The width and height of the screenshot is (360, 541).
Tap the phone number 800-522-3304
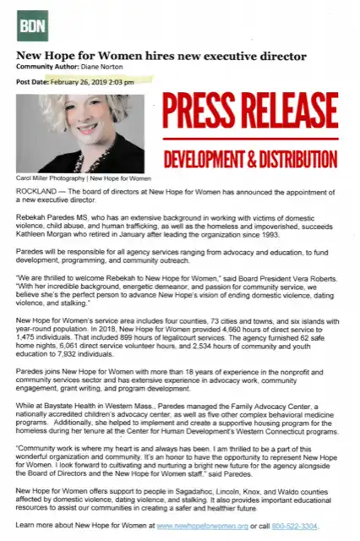[302, 526]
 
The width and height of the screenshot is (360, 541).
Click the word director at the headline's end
[282, 56]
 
